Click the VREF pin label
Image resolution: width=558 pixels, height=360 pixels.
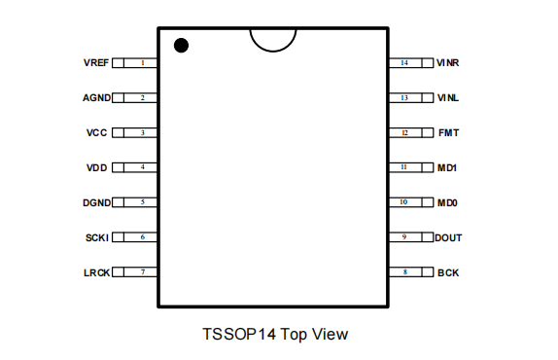click(x=96, y=62)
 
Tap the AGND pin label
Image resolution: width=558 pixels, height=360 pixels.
click(x=97, y=97)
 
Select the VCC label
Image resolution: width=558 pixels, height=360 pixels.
click(x=96, y=133)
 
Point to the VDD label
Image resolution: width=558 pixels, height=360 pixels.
click(x=97, y=167)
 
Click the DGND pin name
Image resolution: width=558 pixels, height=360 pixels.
click(x=97, y=202)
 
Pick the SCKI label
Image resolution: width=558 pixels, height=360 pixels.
click(x=97, y=237)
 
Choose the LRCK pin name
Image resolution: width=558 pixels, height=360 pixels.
click(x=97, y=272)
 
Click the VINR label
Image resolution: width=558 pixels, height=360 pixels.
click(x=448, y=62)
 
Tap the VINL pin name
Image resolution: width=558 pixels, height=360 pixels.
click(x=448, y=97)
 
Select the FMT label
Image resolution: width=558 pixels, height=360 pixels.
click(x=449, y=133)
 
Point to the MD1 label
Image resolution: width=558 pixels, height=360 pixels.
click(x=447, y=167)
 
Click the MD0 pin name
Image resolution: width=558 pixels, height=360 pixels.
click(x=447, y=202)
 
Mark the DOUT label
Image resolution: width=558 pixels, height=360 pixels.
click(x=448, y=237)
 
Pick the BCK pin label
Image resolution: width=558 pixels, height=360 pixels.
click(x=448, y=272)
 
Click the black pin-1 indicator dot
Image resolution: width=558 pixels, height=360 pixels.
click(x=181, y=45)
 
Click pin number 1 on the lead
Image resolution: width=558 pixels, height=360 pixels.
click(x=143, y=62)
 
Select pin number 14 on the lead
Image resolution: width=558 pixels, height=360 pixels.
click(x=404, y=62)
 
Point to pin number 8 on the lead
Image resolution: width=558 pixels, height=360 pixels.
click(x=405, y=272)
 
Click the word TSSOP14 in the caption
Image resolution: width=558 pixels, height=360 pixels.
click(x=239, y=334)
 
